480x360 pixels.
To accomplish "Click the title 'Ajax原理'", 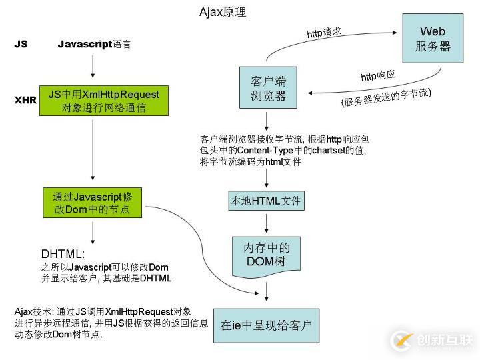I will pos(227,13).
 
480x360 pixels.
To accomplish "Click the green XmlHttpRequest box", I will pos(104,101).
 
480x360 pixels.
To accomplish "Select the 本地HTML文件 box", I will pos(266,200).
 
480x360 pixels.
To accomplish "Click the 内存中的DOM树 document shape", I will pos(266,254).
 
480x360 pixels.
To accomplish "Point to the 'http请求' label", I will pos(324,32).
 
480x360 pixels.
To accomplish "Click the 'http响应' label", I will pos(378,76).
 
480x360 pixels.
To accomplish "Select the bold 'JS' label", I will pos(21,44).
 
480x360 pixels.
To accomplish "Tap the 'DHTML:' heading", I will pos(63,254).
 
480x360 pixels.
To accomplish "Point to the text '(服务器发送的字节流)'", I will pos(386,98).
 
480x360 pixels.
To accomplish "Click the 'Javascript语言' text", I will pos(94,44).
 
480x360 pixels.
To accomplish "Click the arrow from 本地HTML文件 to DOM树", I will pos(267,223).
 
